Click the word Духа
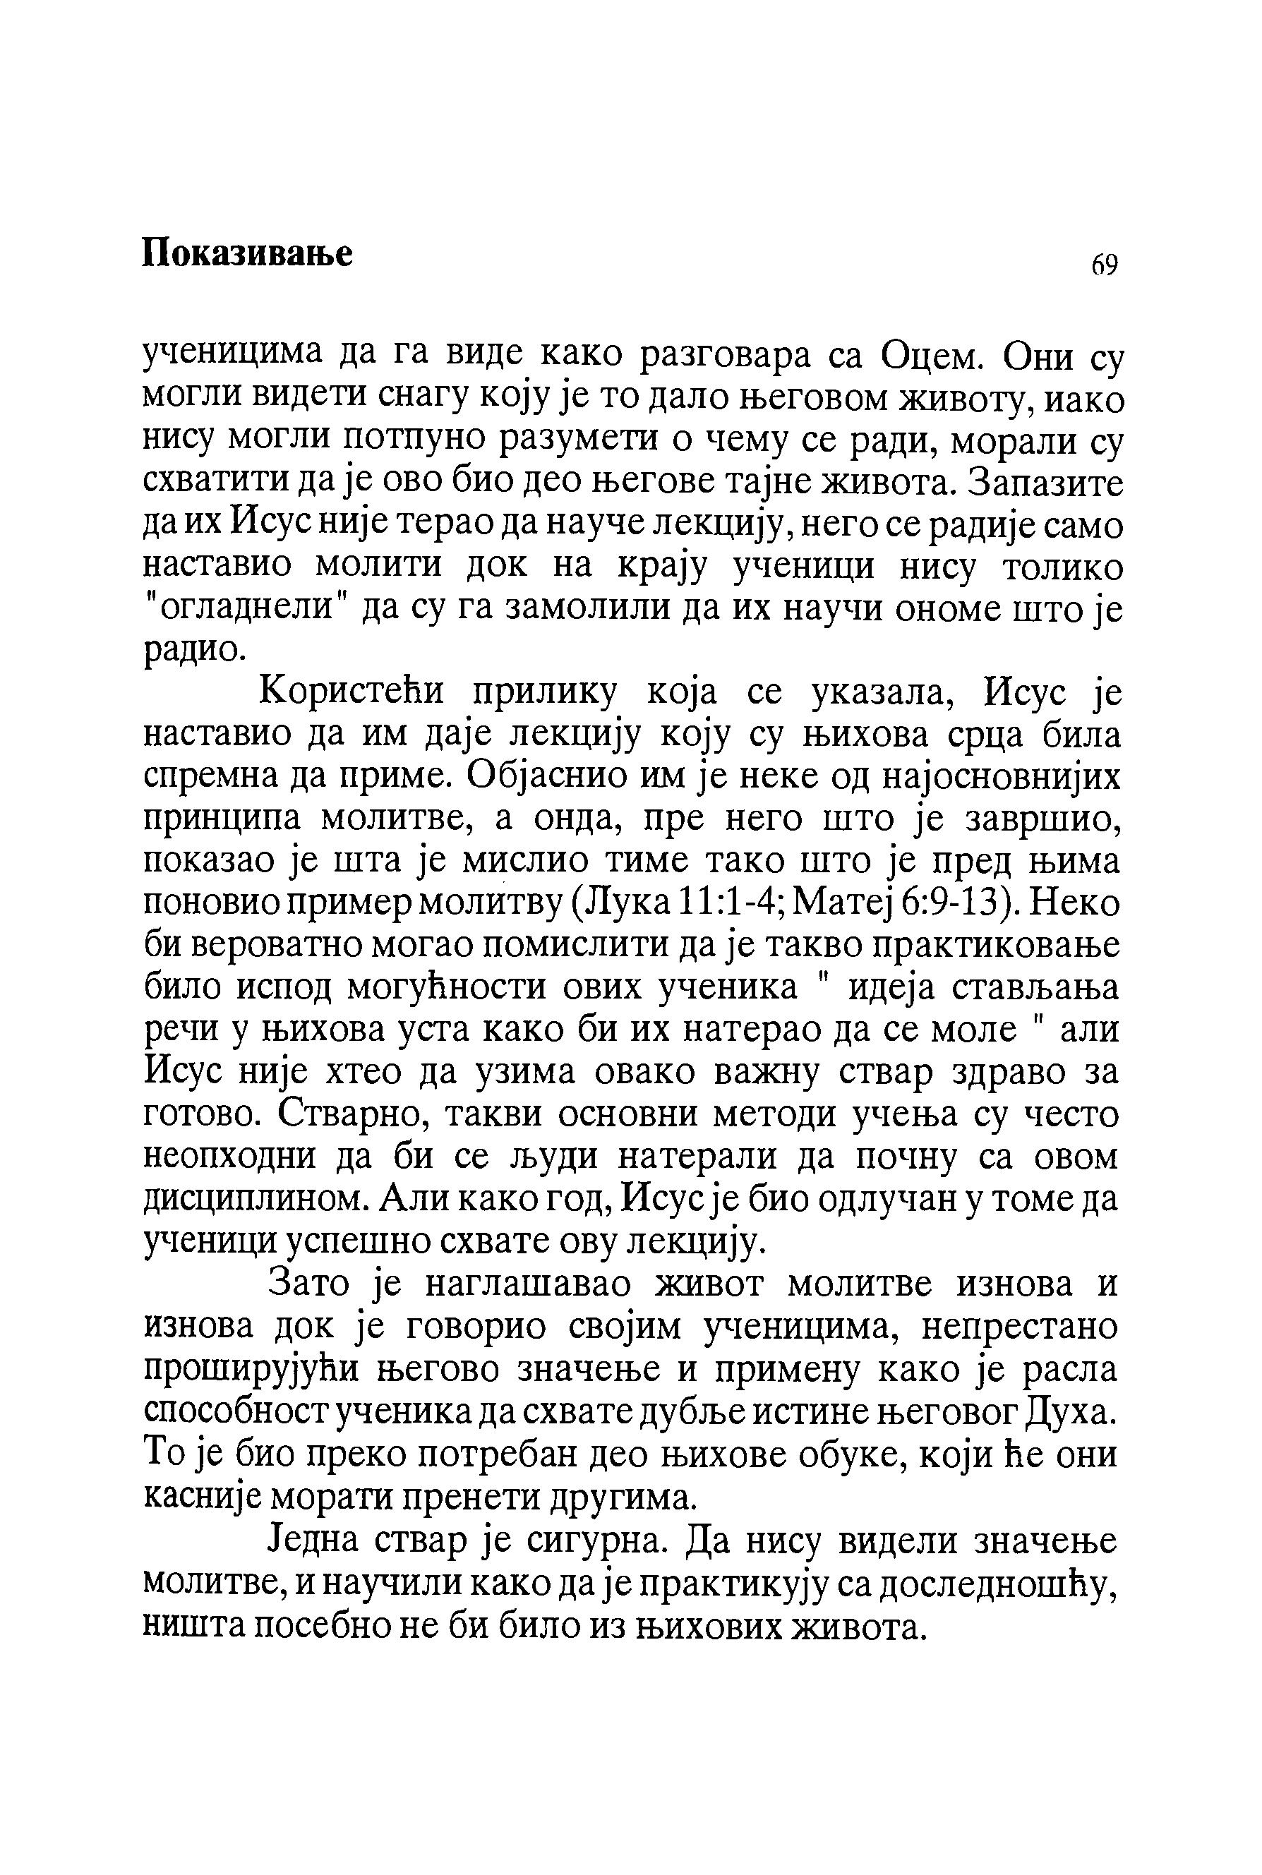pyautogui.click(x=1073, y=1410)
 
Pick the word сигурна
pyautogui.click(x=595, y=1538)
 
